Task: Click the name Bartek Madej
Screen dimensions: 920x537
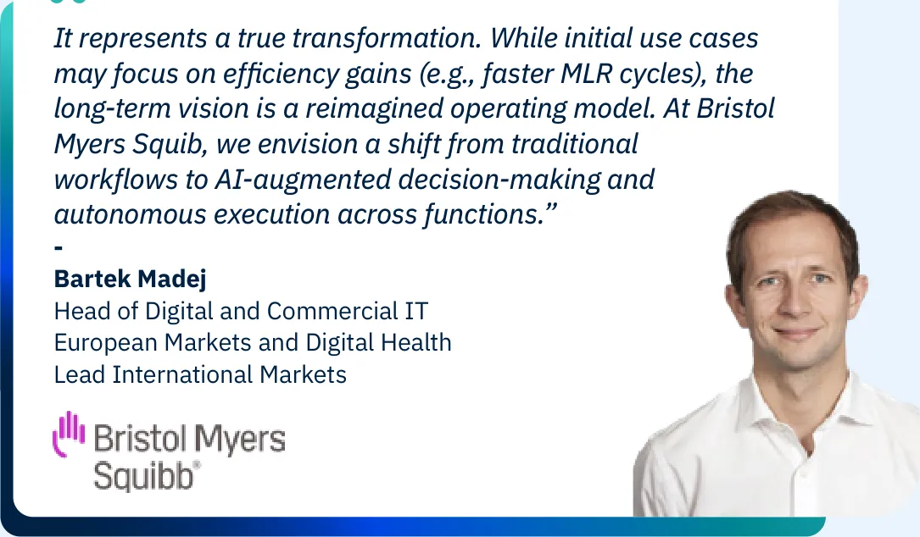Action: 131,279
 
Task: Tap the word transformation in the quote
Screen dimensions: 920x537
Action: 387,39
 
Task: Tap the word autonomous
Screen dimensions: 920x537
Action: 130,214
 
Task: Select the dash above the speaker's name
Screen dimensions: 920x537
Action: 59,248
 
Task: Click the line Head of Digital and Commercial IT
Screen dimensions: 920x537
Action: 241,312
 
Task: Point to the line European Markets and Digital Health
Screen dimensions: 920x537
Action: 253,343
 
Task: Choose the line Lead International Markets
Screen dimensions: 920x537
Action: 200,375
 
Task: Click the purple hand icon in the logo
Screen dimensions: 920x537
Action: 69,434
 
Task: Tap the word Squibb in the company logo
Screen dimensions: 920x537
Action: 144,475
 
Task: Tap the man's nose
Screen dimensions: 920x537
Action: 794,302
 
